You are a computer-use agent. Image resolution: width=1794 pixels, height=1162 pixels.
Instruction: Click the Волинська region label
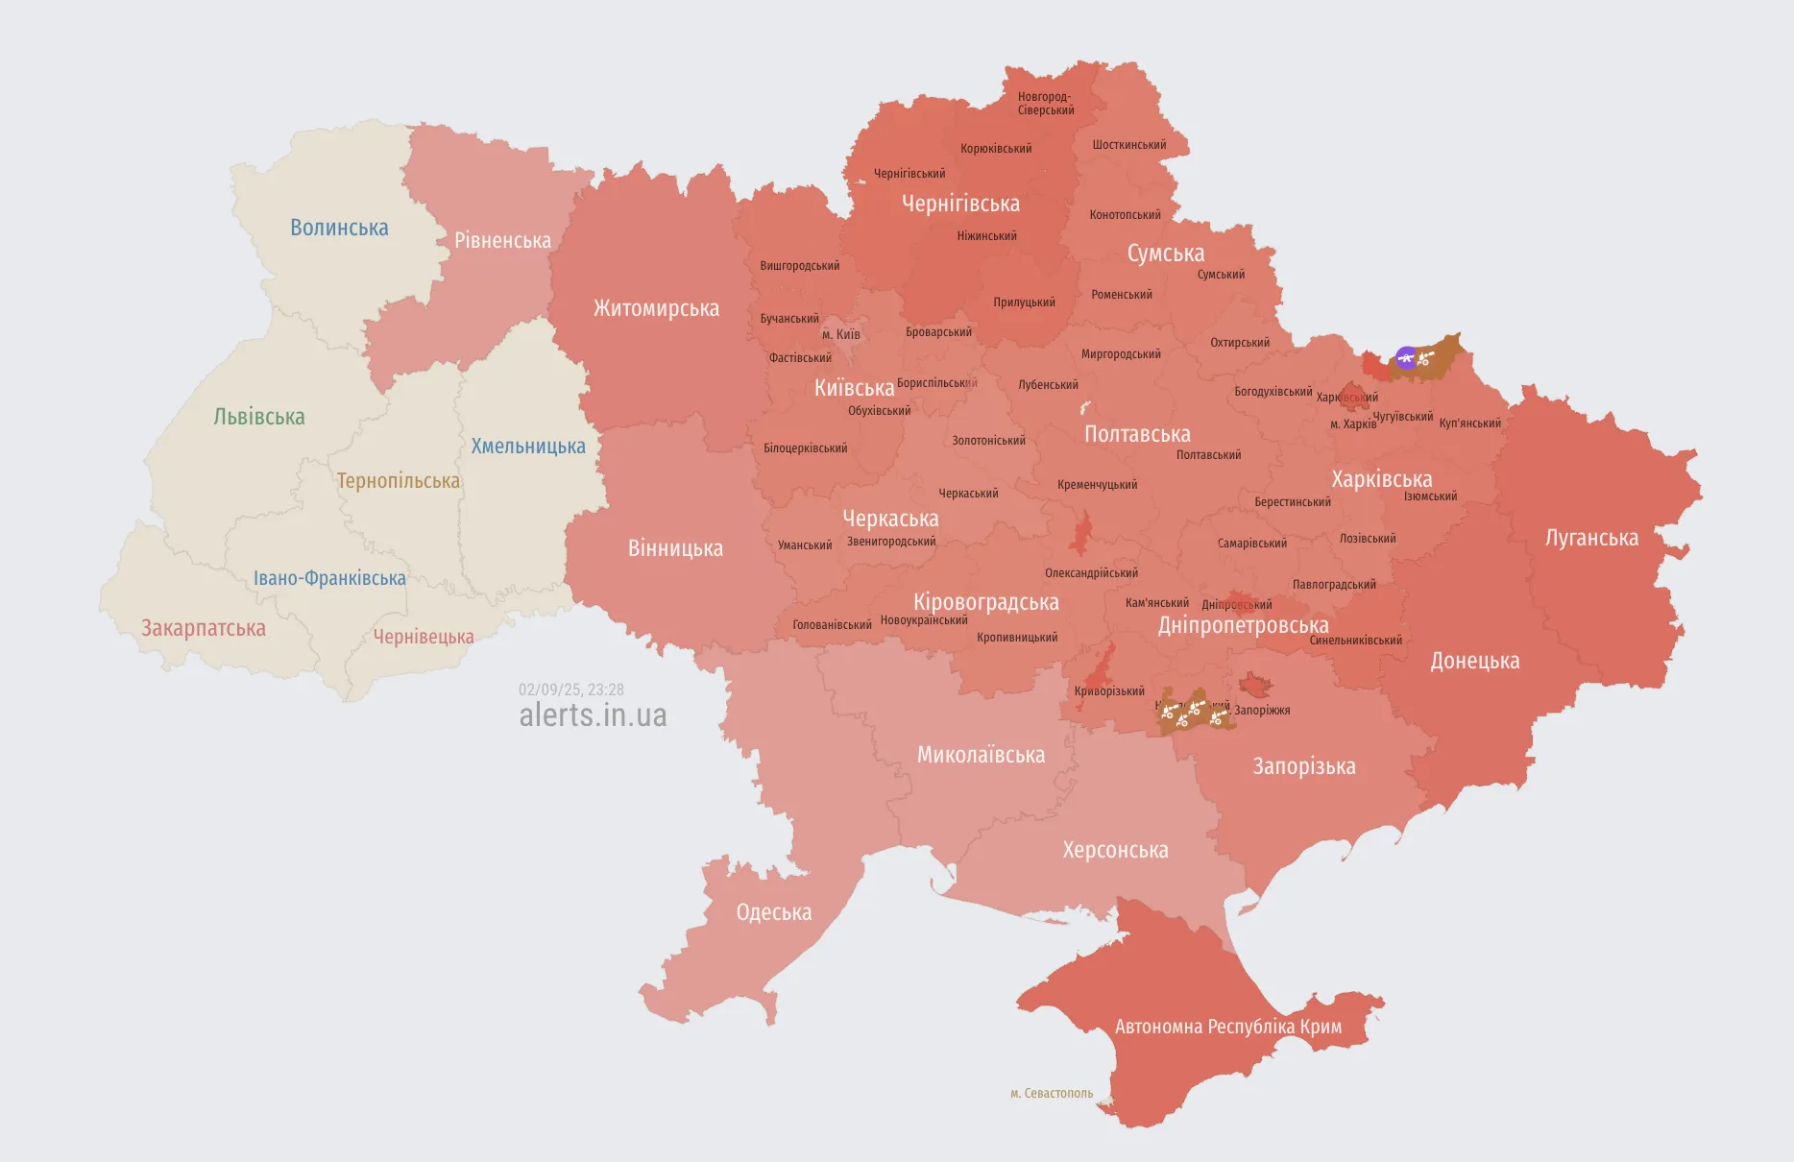tap(339, 228)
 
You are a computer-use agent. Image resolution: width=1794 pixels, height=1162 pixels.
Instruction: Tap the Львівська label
tap(259, 417)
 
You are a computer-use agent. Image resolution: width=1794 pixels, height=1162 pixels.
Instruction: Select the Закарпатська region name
tap(204, 628)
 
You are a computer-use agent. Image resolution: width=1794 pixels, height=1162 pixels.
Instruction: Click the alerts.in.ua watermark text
tap(593, 715)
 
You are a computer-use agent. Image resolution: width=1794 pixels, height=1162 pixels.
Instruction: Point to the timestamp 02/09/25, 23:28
tap(571, 690)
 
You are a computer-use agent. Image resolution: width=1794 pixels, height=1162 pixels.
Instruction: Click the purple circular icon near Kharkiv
tap(1406, 358)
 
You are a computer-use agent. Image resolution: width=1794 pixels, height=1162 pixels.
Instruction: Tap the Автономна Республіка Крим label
tap(1228, 1027)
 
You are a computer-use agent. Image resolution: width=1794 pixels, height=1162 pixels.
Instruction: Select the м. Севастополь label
tap(1052, 1093)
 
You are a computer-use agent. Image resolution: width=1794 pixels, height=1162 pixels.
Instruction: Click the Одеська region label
tap(774, 912)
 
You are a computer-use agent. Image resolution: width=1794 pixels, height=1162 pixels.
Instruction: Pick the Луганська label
tap(1591, 538)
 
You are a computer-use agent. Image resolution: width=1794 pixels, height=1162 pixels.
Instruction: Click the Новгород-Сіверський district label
tap(1046, 103)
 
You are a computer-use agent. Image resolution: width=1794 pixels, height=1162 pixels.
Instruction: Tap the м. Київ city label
tap(841, 334)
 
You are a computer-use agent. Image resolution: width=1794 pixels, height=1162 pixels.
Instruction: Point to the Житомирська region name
tap(656, 308)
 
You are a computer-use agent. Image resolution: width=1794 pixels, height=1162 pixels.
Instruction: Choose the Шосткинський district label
tap(1129, 145)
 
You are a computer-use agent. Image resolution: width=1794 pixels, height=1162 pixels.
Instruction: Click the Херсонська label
tap(1115, 850)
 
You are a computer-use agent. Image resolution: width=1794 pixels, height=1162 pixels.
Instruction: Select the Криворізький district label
tap(1109, 691)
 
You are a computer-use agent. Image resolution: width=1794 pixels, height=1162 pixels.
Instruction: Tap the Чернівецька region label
tap(424, 637)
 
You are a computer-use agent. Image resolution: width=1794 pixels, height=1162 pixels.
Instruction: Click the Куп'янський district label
tap(1469, 424)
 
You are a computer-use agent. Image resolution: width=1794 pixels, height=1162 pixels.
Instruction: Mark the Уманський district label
tap(805, 545)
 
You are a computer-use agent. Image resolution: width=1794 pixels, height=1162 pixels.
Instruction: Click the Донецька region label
tap(1475, 661)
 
